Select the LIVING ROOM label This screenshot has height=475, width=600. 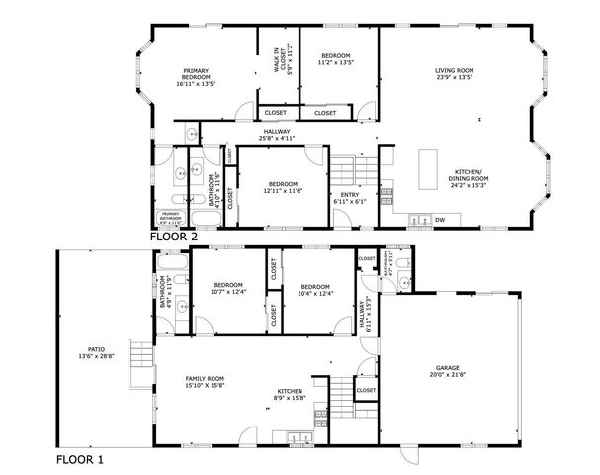456,70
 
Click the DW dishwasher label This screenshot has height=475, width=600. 440,220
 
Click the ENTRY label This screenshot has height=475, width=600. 350,195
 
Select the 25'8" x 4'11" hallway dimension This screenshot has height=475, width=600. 277,138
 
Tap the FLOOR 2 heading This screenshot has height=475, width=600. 174,237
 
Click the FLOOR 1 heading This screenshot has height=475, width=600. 79,460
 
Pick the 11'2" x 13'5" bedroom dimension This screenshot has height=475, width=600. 335,63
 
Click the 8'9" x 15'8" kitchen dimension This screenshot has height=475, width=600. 291,399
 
